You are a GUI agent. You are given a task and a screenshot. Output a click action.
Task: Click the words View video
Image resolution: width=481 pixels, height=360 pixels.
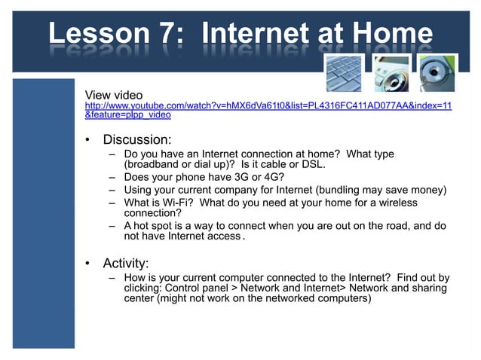pos(114,95)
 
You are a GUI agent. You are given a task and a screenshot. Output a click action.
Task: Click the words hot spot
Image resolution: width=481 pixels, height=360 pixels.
pos(158,225)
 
